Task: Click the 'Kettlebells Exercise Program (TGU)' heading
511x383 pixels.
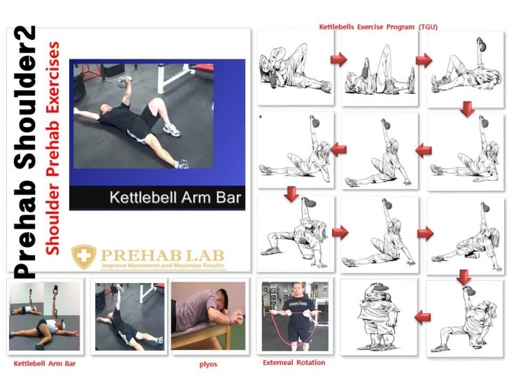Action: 378,27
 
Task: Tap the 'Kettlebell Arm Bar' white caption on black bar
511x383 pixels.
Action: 176,198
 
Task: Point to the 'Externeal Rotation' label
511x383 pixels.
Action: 294,362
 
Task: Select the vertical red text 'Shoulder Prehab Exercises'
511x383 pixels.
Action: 52,149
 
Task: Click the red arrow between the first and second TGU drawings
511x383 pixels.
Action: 338,60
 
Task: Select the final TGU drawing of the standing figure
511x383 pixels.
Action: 379,317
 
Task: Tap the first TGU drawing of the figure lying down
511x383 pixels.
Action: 290,68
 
